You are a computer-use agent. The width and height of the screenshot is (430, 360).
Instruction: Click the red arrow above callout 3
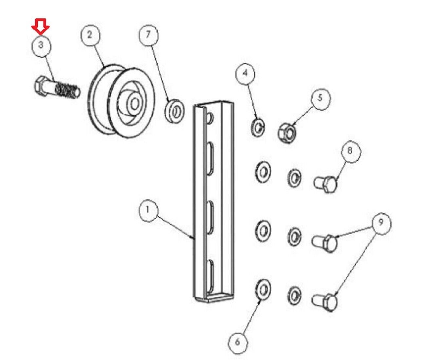tap(41, 27)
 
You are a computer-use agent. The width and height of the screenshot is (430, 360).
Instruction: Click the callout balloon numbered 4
tap(245, 73)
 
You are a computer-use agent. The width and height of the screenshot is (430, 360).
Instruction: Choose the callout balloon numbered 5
tap(320, 99)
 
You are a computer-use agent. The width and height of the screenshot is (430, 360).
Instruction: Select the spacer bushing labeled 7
tap(175, 111)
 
